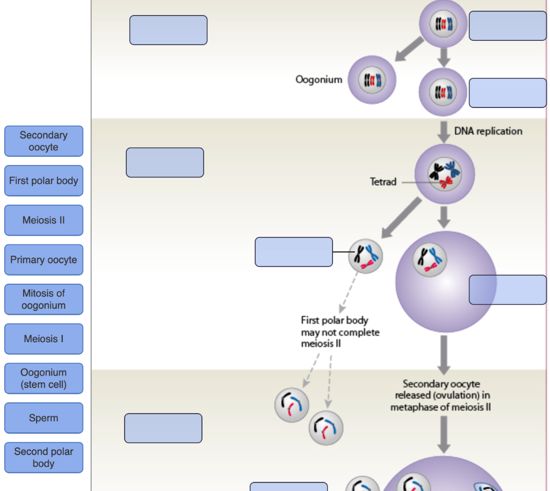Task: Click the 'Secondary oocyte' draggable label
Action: click(x=44, y=141)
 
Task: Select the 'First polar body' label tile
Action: click(x=44, y=181)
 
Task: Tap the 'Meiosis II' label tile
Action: click(x=44, y=220)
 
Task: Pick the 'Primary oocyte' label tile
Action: click(x=44, y=260)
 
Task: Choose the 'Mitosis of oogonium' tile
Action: click(x=44, y=299)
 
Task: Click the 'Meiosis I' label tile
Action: click(x=44, y=339)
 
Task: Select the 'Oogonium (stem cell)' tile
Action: click(x=44, y=378)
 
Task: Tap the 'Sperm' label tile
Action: click(x=44, y=418)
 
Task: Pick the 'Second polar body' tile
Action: click(x=44, y=457)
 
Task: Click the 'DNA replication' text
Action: click(x=488, y=131)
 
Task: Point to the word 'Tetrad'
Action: click(x=383, y=182)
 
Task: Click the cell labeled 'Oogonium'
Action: click(x=372, y=80)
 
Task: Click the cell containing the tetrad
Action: click(x=444, y=174)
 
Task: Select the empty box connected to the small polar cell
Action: click(x=293, y=252)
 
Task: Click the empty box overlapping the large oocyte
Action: click(x=508, y=290)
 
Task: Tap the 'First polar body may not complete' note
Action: click(x=339, y=332)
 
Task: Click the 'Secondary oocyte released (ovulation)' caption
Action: click(x=440, y=395)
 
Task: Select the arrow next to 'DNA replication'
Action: click(x=443, y=132)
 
